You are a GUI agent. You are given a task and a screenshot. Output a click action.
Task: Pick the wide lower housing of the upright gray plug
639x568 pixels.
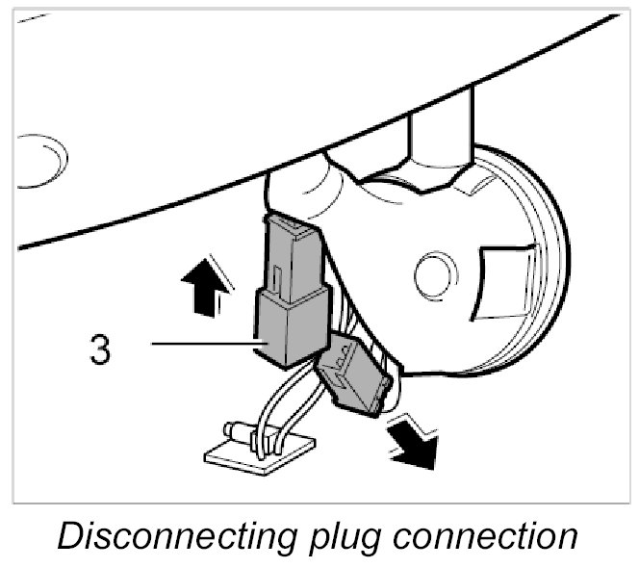pyautogui.click(x=290, y=326)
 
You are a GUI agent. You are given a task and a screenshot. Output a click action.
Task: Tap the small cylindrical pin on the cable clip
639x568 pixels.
pyautogui.click(x=237, y=428)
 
